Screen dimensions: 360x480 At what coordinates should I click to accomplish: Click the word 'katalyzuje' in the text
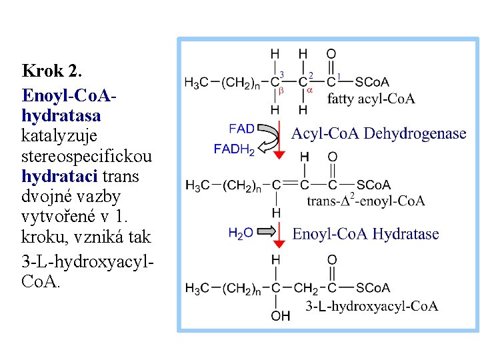59,136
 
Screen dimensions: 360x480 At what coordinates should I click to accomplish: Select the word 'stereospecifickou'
87,156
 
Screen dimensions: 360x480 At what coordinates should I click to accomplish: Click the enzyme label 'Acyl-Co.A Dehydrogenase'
379,133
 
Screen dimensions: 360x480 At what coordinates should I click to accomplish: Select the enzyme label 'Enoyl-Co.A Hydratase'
365,234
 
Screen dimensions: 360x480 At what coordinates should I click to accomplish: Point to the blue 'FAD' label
241,128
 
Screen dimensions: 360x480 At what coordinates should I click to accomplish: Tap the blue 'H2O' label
241,233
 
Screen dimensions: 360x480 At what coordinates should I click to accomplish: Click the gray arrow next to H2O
267,232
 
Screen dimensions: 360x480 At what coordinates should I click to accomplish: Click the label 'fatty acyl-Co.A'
371,99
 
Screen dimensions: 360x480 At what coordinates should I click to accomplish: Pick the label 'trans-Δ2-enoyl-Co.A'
365,201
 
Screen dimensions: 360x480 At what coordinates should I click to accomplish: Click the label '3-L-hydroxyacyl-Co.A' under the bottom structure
371,306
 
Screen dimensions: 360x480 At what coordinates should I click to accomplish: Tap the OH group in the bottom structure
280,316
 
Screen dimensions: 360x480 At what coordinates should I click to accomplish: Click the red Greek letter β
281,90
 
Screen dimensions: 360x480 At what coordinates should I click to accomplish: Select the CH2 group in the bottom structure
306,288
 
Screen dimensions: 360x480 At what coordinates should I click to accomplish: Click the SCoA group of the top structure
372,82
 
